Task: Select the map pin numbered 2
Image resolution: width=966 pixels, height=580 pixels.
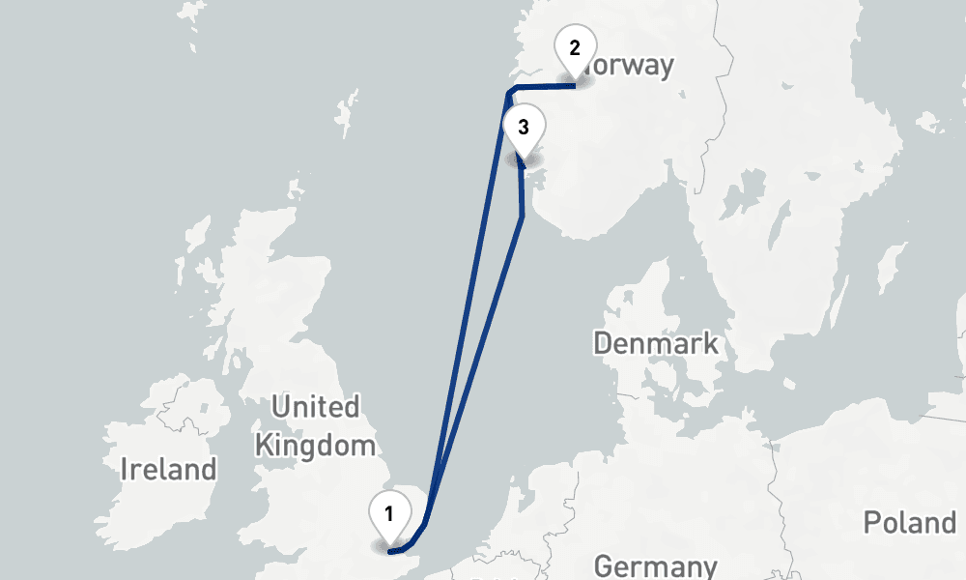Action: [x=575, y=47]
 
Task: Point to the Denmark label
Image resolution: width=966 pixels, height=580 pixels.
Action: [x=656, y=343]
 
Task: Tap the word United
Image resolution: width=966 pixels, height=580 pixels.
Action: [x=315, y=407]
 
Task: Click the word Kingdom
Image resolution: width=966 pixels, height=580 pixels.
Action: [x=314, y=446]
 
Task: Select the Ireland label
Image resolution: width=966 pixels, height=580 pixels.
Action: [x=168, y=471]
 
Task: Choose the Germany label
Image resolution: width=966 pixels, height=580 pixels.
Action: [x=656, y=566]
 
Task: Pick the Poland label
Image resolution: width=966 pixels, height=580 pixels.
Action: [x=909, y=523]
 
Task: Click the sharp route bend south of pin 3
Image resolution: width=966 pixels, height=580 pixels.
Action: [x=522, y=216]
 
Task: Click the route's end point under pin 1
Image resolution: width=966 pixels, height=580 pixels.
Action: [x=389, y=551]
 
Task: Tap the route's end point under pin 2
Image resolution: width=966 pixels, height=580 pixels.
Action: [x=575, y=86]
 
